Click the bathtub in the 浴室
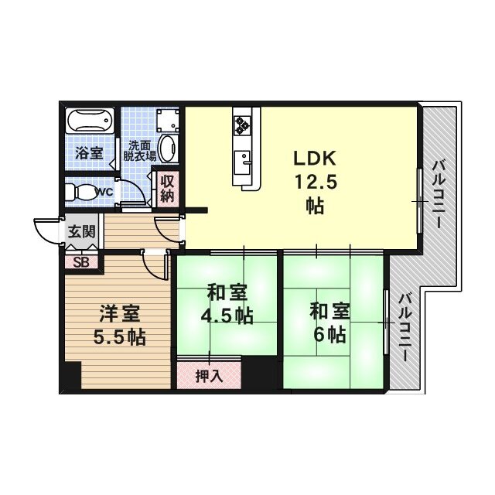point(90,122)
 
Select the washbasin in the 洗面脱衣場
point(167,147)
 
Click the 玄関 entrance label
point(80,231)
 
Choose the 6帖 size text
point(330,335)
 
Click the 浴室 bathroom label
point(88,152)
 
